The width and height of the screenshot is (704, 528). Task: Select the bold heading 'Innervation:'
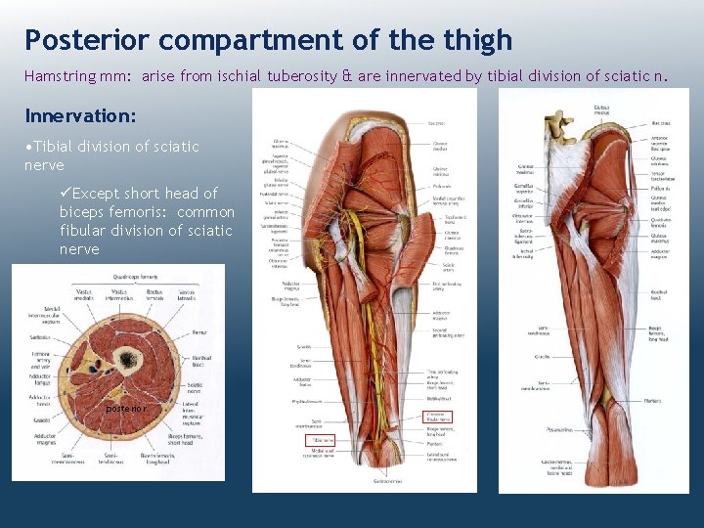pos(80,116)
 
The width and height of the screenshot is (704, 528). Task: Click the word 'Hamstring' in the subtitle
pos(60,75)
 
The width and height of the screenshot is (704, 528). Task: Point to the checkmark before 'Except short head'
pos(66,194)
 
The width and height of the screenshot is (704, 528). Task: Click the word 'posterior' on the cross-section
pos(126,408)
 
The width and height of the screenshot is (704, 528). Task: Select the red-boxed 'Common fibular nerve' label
pos(440,417)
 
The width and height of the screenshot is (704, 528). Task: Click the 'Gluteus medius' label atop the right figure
pos(600,110)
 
